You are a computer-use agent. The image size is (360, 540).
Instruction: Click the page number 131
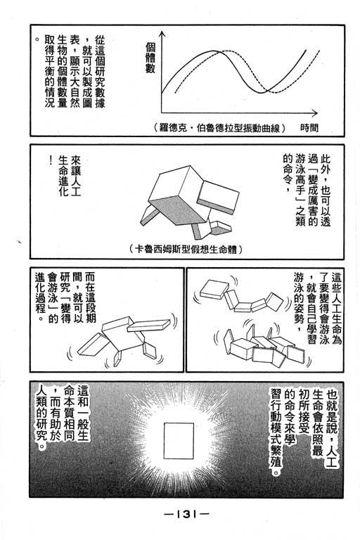click(186, 514)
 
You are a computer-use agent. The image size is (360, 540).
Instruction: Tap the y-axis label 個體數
click(150, 58)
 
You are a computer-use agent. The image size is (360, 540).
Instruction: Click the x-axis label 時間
click(309, 128)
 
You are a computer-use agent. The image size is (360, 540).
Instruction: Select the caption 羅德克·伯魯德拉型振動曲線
click(220, 128)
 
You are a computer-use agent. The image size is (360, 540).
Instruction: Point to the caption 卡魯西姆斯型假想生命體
click(186, 249)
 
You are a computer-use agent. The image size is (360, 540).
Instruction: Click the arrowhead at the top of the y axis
click(162, 34)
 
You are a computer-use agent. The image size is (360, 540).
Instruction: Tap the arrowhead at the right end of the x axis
click(314, 113)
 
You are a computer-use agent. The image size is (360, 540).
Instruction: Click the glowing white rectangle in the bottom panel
click(179, 440)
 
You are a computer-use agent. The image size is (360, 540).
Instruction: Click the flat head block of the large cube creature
click(219, 195)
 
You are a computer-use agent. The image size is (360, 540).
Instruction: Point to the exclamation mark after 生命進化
click(51, 160)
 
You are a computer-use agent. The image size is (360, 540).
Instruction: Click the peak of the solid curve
click(212, 51)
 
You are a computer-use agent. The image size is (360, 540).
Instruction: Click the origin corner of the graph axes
click(162, 113)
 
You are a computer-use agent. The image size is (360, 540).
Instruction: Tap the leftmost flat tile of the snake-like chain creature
click(214, 289)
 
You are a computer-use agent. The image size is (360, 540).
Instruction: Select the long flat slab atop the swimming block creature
click(149, 325)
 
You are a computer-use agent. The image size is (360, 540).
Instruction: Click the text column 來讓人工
click(75, 176)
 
